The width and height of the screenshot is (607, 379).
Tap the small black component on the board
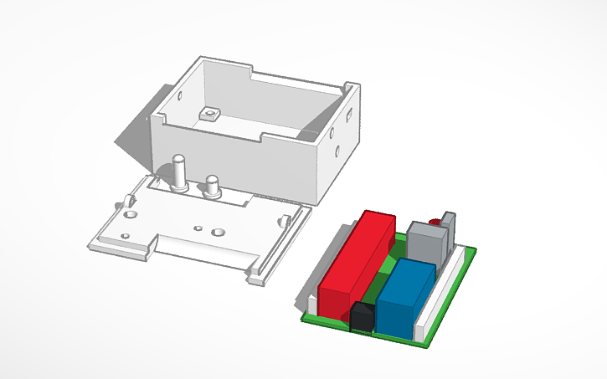tap(362, 317)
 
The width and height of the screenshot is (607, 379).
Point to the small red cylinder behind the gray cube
tap(435, 221)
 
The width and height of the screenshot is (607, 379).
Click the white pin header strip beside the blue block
tap(440, 289)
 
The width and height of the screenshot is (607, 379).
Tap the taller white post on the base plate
tap(178, 172)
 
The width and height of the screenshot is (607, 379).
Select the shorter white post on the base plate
tap(212, 185)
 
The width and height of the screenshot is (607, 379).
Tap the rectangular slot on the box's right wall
tap(346, 111)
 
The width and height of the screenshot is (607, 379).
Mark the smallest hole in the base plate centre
tap(198, 227)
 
